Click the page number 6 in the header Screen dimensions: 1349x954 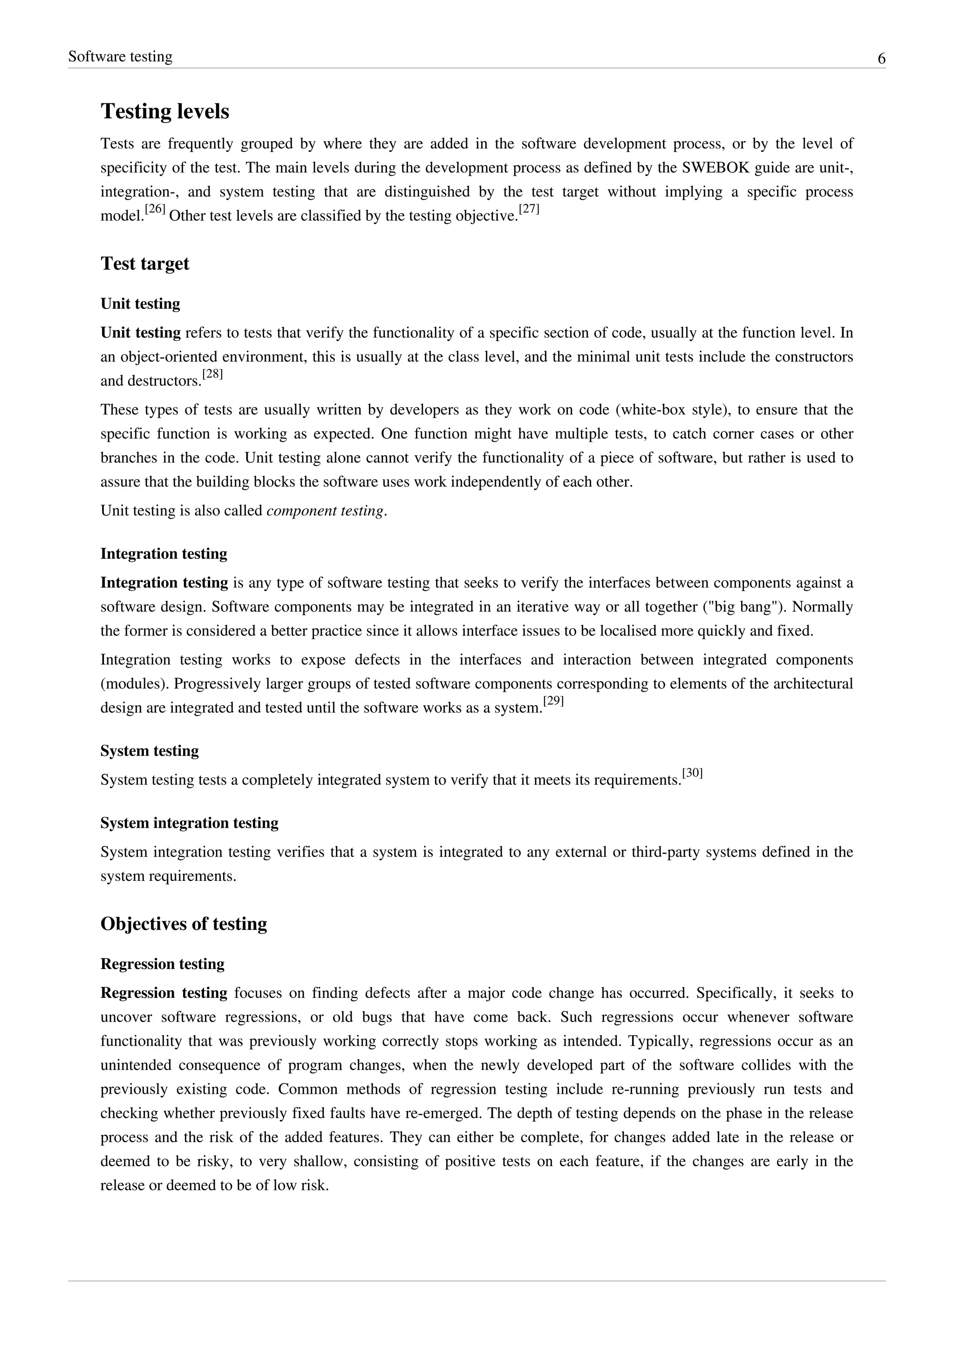[x=881, y=59]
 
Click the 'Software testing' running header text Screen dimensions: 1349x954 [x=121, y=56]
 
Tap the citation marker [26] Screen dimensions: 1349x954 [x=155, y=210]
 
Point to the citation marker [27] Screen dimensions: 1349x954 [x=529, y=210]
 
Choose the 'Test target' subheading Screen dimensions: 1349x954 [x=144, y=263]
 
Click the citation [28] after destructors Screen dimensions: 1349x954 [x=213, y=374]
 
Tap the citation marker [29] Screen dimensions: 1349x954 [x=553, y=701]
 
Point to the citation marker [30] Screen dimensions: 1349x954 [x=693, y=773]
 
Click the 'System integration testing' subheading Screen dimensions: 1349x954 [x=189, y=823]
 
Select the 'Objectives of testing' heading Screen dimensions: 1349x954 [x=184, y=924]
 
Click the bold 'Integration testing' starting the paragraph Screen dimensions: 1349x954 [x=164, y=582]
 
